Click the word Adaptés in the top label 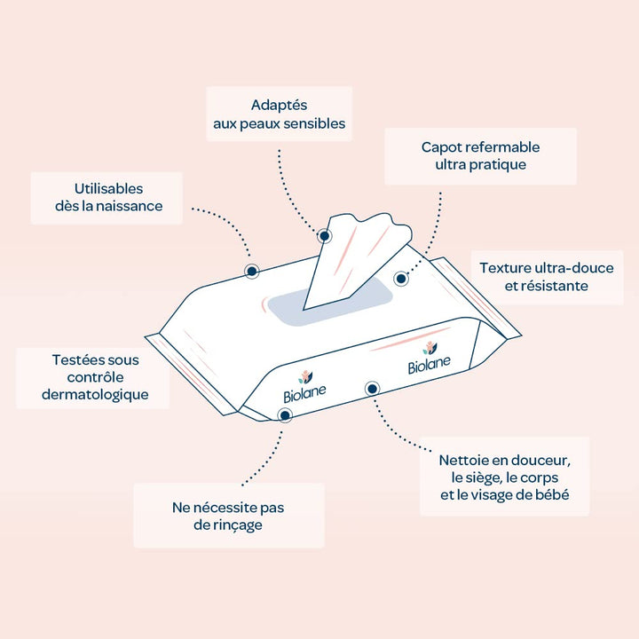[279, 105]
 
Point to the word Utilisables [108, 189]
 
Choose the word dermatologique [95, 395]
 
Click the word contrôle [95, 377]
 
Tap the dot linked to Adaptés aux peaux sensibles [325, 236]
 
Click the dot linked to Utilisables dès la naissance [252, 271]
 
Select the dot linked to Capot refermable [401, 279]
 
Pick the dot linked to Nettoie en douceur [372, 389]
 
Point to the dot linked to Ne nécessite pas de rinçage [285, 415]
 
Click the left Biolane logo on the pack [304, 387]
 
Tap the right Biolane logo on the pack [430, 358]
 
